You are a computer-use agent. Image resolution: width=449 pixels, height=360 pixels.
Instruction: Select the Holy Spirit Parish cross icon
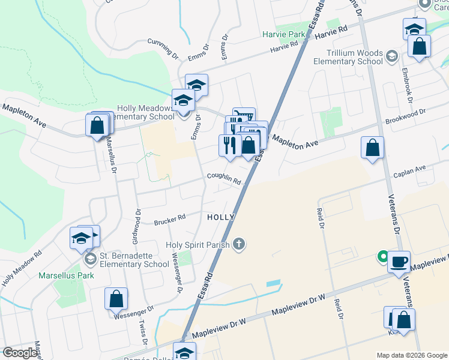point(239,243)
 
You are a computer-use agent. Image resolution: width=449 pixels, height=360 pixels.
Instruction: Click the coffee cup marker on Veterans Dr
point(399,262)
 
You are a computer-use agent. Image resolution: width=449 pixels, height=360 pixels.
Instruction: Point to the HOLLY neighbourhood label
point(220,217)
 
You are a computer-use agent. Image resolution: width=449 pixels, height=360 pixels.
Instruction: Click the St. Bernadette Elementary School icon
point(91,259)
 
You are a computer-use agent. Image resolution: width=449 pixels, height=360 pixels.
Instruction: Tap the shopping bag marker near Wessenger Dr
point(116,299)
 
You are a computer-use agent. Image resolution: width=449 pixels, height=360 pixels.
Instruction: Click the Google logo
point(20,352)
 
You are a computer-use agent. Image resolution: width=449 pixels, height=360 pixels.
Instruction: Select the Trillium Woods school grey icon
point(391,57)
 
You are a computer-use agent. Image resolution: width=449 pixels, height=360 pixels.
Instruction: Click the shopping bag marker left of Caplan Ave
point(373,148)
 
